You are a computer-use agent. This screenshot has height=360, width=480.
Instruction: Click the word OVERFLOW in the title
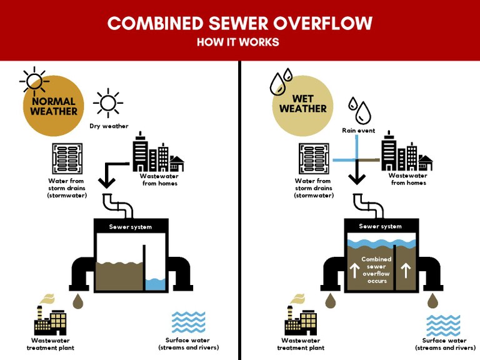point(323,23)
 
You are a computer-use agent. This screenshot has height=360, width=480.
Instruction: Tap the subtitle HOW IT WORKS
point(238,42)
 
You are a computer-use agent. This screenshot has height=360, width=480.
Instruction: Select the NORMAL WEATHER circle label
point(54,106)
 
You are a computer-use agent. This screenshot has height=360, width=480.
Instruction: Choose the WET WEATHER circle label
point(302,104)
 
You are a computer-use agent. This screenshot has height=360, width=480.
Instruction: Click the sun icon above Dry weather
point(108,103)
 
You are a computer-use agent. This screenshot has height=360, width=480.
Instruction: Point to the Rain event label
point(359,131)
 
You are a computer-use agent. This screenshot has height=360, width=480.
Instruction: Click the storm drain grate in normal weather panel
point(67,159)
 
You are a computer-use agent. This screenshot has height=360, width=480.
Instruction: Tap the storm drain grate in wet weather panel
point(314,159)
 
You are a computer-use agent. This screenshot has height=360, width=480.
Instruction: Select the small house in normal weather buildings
point(177,164)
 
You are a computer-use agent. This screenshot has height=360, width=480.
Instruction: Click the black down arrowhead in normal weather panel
point(106,183)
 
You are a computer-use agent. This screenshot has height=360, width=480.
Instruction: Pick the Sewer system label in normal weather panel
point(131,227)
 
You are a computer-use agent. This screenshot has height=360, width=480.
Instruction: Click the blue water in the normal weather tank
point(155,284)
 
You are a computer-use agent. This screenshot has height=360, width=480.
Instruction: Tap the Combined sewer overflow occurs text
point(376,270)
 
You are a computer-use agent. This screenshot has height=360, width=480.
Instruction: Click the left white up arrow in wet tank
point(354,271)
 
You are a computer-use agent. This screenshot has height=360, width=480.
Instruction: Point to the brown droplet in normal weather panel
point(77,301)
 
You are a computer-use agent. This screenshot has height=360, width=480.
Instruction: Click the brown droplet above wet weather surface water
point(432,301)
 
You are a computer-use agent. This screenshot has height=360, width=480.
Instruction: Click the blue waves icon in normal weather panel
point(189,322)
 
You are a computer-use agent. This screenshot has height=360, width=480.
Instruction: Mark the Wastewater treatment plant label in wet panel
point(301,344)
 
